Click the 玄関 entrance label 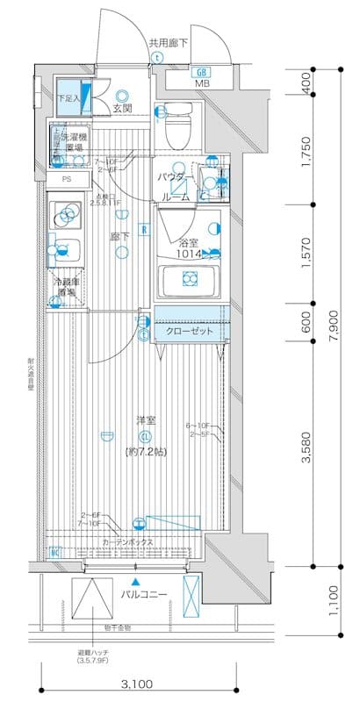(x=122, y=109)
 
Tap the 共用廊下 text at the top (x=168, y=42)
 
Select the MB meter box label (x=202, y=84)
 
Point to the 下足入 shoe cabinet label (x=68, y=98)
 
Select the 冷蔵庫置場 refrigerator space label (x=68, y=287)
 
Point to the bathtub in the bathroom (x=186, y=279)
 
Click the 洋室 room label (x=145, y=419)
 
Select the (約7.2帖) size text (x=145, y=451)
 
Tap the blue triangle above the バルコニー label (x=134, y=580)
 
